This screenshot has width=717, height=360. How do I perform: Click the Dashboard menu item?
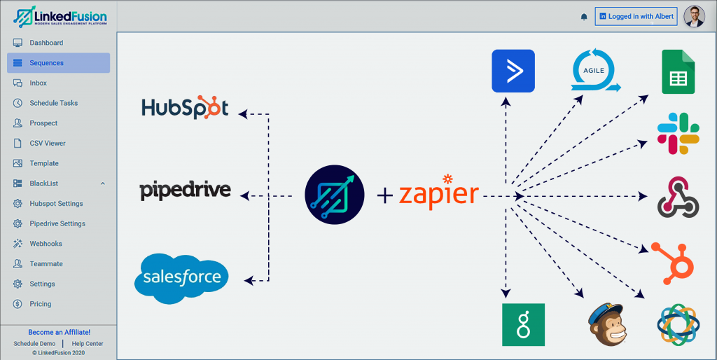(x=46, y=43)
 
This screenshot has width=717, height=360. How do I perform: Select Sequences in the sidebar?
(x=46, y=63)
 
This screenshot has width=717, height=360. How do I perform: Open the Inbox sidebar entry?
(x=39, y=83)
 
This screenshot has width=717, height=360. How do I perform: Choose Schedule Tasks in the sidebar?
(x=53, y=103)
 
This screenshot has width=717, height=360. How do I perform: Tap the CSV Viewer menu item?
(x=47, y=144)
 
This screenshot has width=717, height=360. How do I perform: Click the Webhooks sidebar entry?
(x=46, y=244)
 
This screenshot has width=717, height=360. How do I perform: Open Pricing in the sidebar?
(x=40, y=304)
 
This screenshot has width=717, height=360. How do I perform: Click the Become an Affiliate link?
(x=59, y=332)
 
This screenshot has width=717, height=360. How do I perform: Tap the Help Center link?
(x=88, y=344)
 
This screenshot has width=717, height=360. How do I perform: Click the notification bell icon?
(x=584, y=17)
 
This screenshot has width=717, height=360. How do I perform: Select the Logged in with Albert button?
(x=636, y=17)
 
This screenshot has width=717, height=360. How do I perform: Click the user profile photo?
(x=694, y=16)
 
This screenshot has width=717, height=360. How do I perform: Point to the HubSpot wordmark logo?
(x=185, y=107)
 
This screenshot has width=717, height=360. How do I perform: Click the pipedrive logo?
(x=185, y=191)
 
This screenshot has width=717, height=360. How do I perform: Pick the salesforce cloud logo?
(x=181, y=278)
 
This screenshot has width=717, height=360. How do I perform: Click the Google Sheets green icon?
(x=678, y=72)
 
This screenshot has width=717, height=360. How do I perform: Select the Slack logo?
(x=678, y=134)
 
